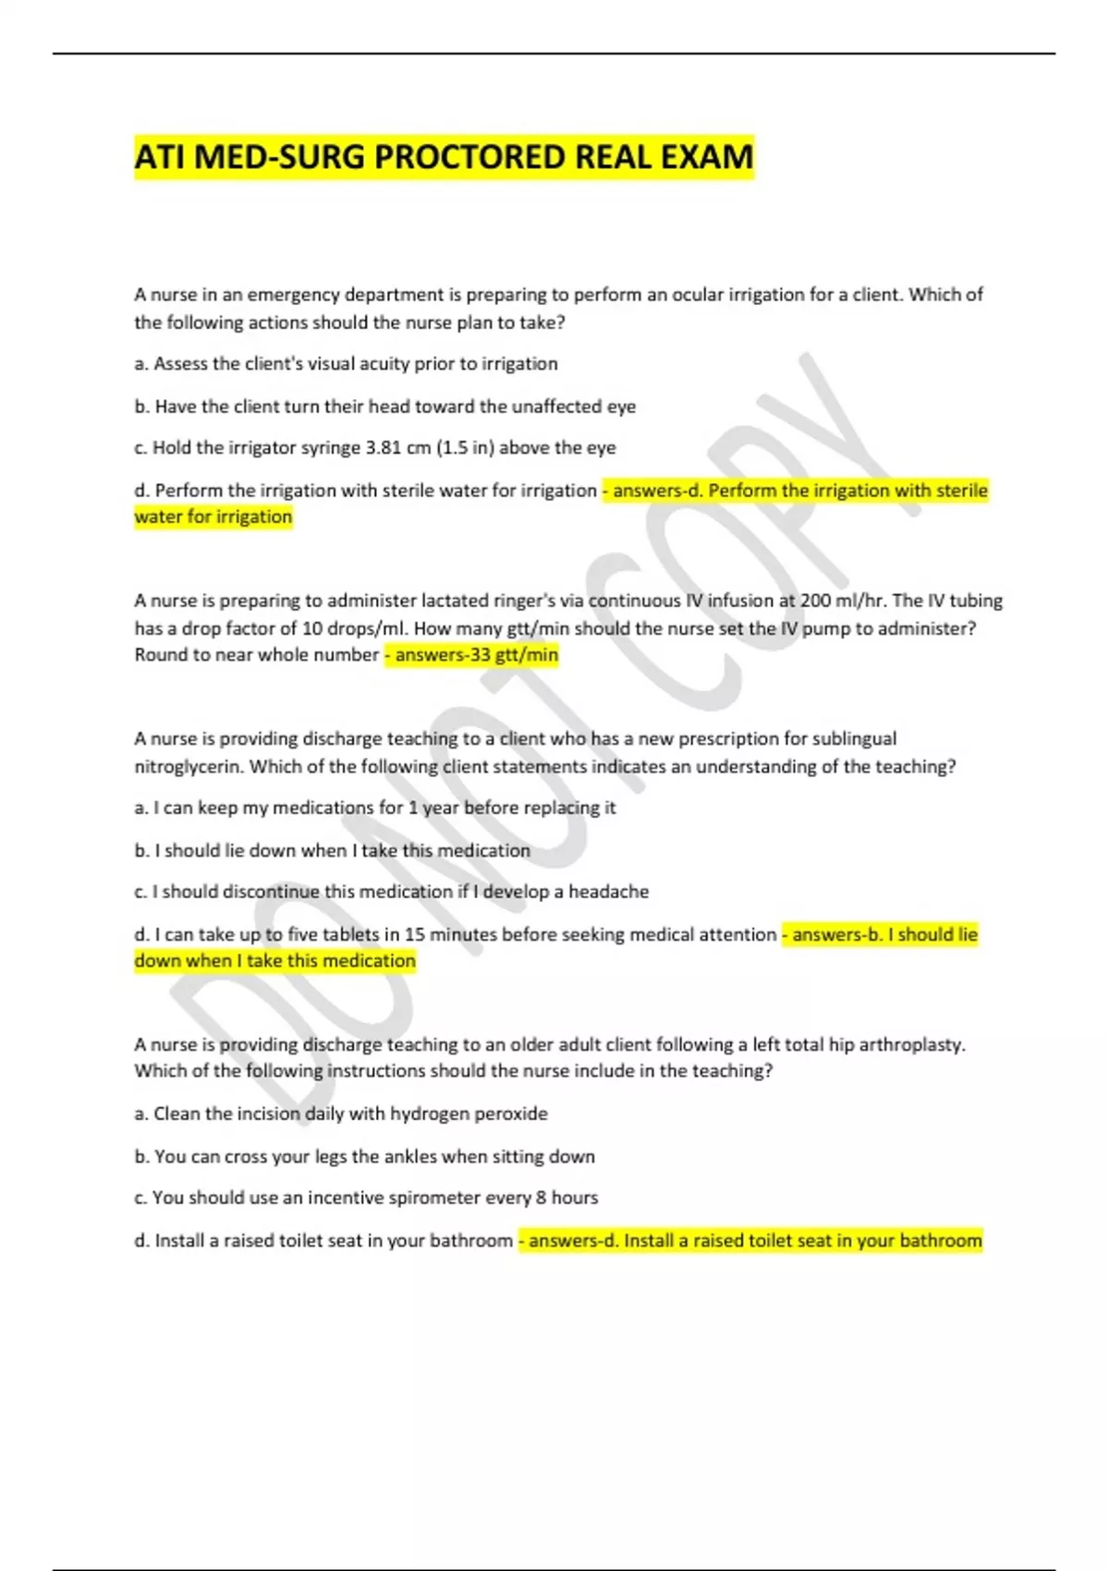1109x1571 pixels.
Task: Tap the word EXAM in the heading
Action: [707, 157]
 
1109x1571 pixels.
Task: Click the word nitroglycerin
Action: [189, 767]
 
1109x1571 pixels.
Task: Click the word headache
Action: [608, 892]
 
